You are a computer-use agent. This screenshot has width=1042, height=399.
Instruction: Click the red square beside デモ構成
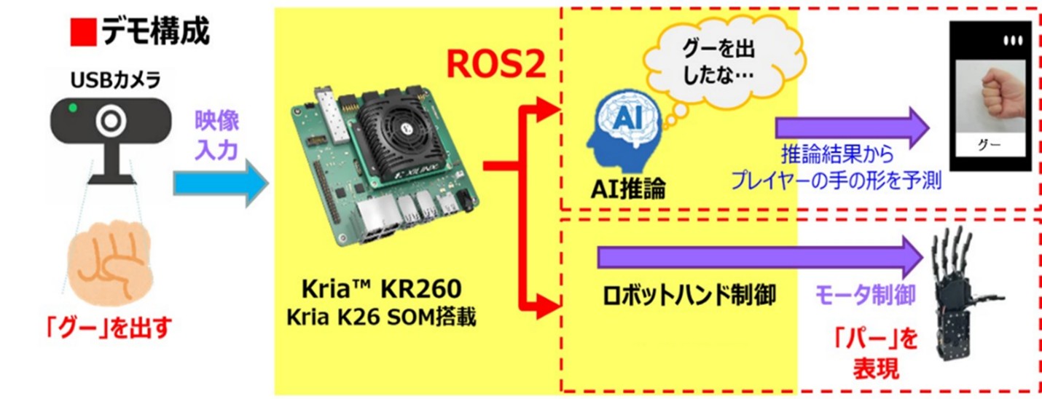coord(83,31)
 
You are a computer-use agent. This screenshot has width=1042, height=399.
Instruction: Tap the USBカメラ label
coord(115,80)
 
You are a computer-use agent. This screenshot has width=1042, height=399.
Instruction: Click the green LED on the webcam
coord(73,108)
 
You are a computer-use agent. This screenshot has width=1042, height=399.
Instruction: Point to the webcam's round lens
coord(111,121)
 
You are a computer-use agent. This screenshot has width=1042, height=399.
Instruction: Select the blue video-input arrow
coord(221,183)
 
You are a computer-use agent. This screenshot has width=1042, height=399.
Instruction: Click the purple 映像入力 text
coord(216,135)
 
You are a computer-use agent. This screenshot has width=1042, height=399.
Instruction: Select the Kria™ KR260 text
coord(381,289)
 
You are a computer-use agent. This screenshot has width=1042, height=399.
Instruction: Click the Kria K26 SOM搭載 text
coord(381,317)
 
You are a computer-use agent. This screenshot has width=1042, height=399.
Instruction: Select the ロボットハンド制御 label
coord(689,296)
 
